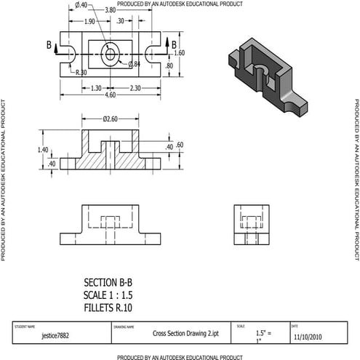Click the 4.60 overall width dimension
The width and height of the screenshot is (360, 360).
click(x=111, y=95)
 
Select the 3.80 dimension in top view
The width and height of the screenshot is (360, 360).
click(x=110, y=11)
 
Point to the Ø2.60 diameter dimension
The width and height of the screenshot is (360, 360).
click(x=111, y=119)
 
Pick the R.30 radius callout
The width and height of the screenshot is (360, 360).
click(x=81, y=72)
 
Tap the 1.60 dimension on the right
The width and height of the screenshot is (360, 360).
click(x=180, y=53)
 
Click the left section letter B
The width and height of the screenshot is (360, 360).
click(x=49, y=46)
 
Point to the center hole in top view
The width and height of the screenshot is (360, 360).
click(x=111, y=54)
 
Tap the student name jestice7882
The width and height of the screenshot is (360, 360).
click(x=56, y=337)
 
